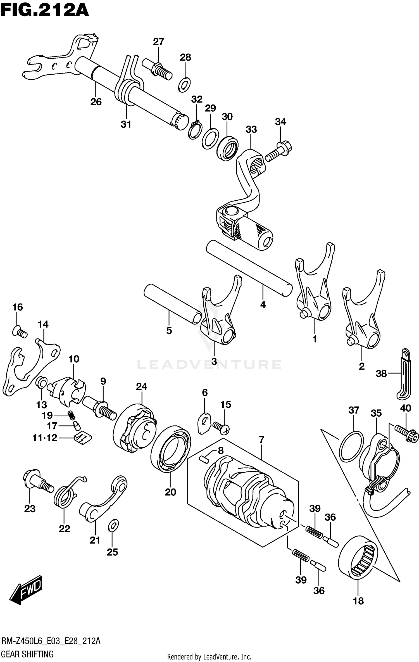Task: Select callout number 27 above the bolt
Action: coord(158,42)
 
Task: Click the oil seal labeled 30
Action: coord(228,148)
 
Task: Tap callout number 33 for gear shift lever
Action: coord(251,129)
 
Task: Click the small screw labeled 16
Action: coord(20,332)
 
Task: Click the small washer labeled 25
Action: coord(113,525)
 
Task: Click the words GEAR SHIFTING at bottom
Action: coord(27,654)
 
